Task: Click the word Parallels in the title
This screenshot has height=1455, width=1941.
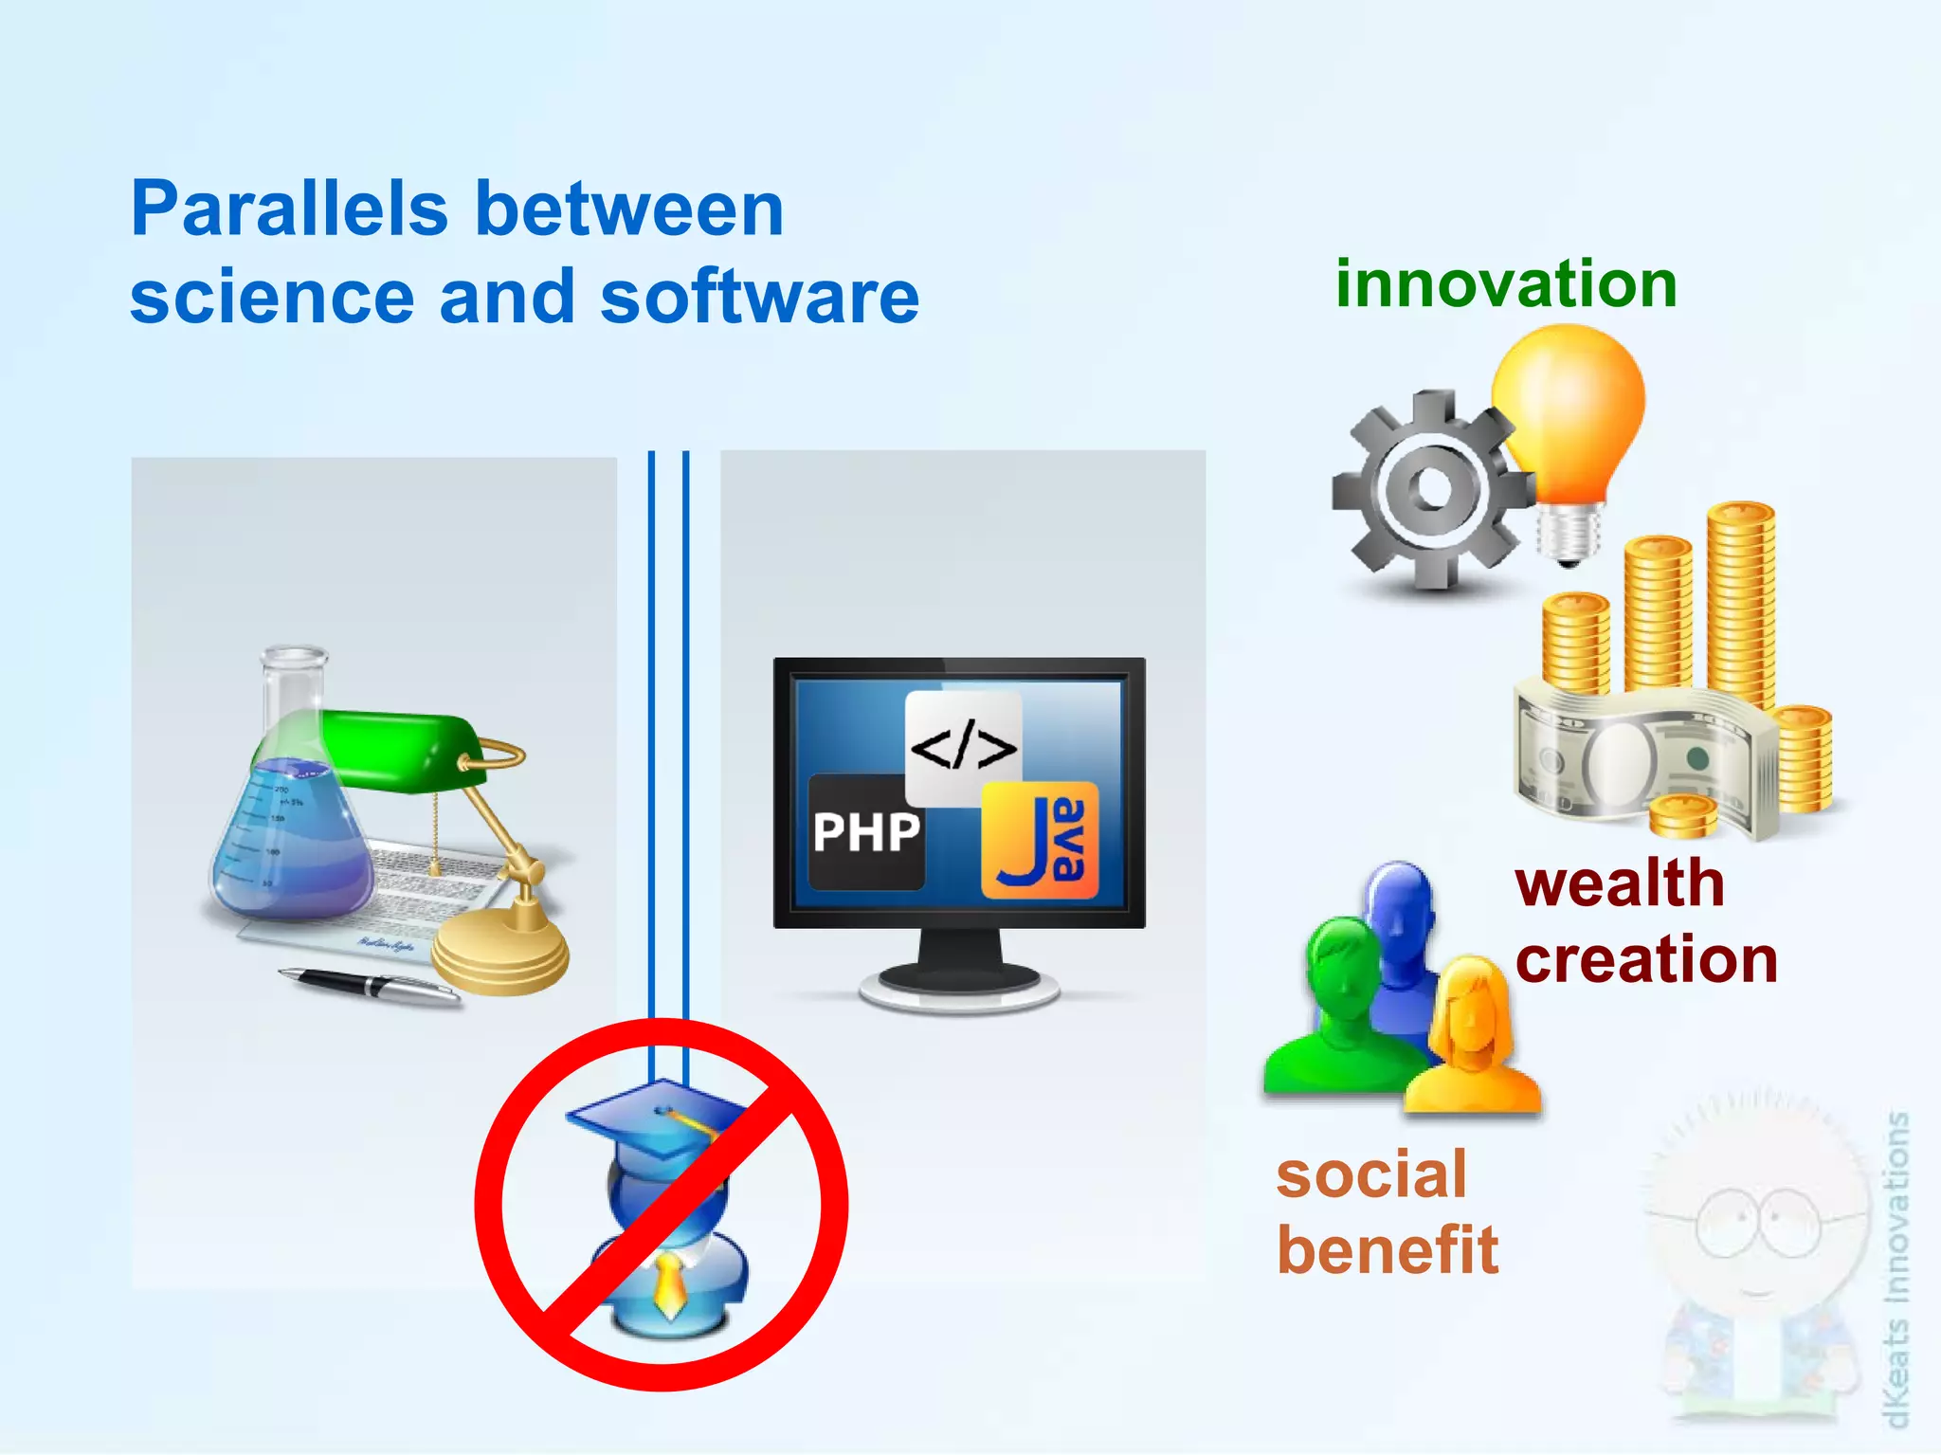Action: pos(288,210)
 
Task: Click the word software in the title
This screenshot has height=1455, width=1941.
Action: pos(759,298)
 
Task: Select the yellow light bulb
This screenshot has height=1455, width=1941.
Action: pos(1569,408)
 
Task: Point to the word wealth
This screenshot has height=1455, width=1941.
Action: pos(1619,883)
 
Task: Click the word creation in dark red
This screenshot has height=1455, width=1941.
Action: pos(1646,960)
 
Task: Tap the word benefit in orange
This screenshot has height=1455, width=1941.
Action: pos(1388,1250)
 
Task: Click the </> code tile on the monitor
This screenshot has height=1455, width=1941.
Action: pos(963,748)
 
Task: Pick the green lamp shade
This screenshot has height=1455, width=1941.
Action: pos(398,749)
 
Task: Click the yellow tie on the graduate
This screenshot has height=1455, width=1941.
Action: pos(669,1284)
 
